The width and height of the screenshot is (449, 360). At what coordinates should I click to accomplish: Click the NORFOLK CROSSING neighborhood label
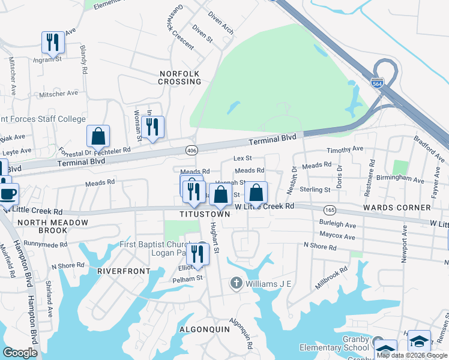pos(179,77)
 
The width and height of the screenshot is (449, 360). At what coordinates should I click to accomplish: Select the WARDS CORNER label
pos(397,208)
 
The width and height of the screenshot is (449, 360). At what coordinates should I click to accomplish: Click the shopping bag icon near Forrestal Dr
pos(98,136)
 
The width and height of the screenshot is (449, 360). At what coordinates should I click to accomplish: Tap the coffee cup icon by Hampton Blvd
pos(8,194)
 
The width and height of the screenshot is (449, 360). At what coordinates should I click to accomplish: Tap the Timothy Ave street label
pos(345,149)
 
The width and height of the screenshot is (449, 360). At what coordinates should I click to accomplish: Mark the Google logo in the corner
pos(20,353)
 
